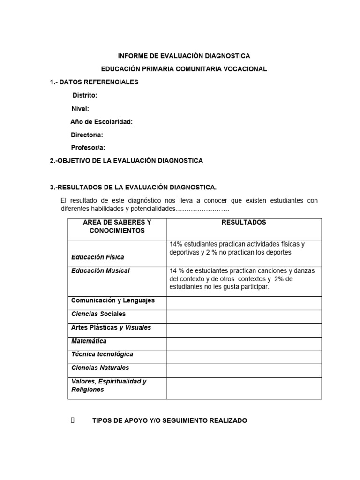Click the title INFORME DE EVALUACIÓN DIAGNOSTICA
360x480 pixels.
184,56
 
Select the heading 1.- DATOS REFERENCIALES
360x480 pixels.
94,82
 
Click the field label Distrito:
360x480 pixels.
85,96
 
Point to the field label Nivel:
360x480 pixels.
80,109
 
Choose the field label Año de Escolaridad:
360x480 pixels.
101,122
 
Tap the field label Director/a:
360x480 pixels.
87,135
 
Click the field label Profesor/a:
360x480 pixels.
88,148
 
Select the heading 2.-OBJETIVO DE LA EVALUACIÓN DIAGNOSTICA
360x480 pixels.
127,161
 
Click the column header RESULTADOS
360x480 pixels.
244,223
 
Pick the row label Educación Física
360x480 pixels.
97,257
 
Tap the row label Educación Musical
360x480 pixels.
100,271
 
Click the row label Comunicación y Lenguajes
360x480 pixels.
112,300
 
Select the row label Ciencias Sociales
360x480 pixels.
98,314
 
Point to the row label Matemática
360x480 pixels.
89,341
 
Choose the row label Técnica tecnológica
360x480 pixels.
102,354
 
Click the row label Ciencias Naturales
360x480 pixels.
100,368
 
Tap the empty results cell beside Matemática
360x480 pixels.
244,344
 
